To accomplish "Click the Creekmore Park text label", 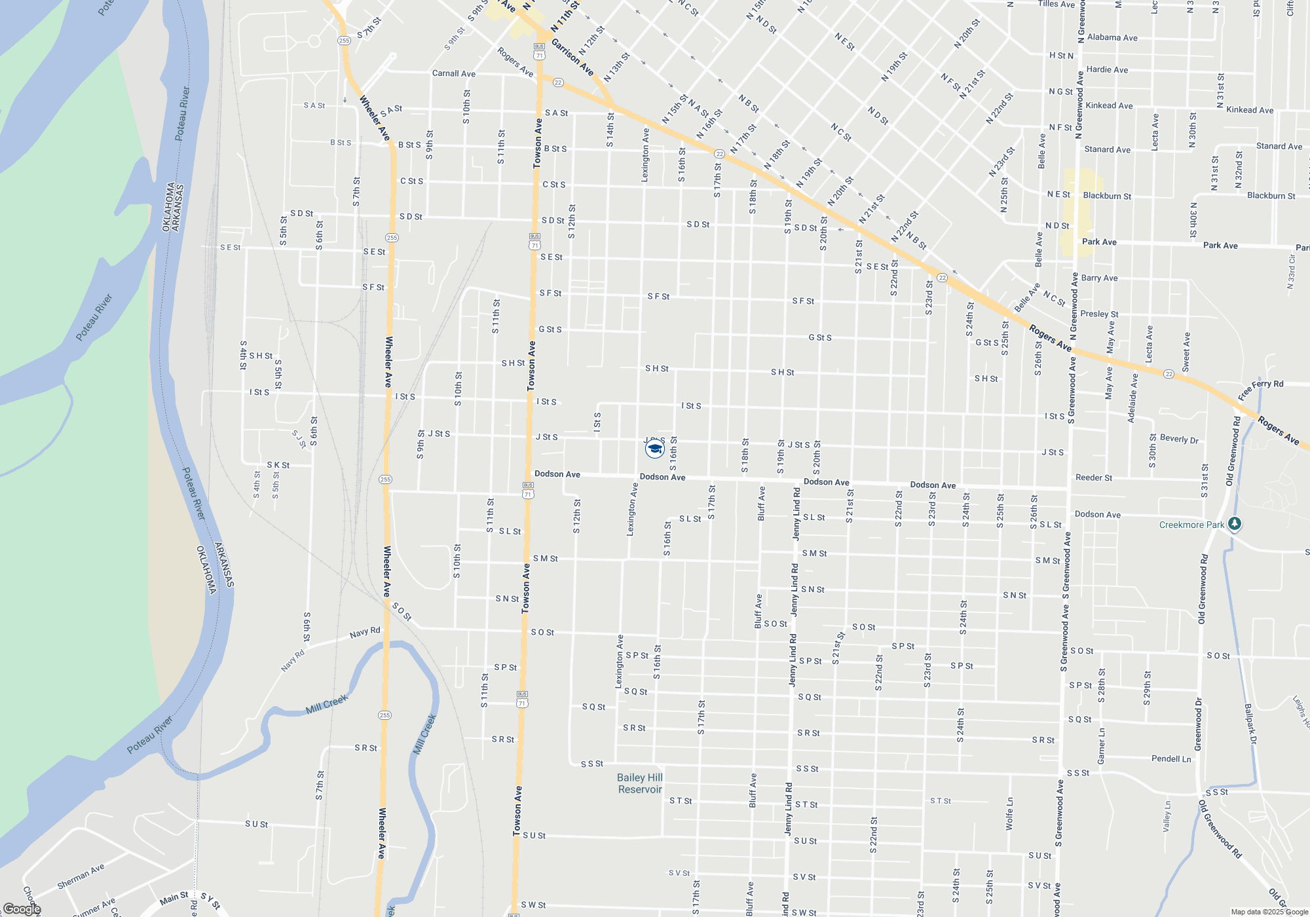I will click(1191, 525).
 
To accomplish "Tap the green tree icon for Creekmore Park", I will click(1235, 524).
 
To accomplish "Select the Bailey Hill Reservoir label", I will click(640, 783).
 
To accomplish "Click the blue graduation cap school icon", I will click(654, 449).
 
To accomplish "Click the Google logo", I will click(22, 909).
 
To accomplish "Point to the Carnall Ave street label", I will click(454, 73).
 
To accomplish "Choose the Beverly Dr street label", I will click(1179, 439).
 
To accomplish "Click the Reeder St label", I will click(1093, 477).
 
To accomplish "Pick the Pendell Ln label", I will click(1171, 758).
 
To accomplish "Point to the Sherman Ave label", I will click(81, 876).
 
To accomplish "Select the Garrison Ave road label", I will click(572, 57).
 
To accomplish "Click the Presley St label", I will click(1099, 314).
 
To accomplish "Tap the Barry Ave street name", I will click(1099, 278).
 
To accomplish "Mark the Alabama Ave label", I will click(1112, 37).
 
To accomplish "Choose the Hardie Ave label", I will click(1107, 69).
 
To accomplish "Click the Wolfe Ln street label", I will click(1009, 814).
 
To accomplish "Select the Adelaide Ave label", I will click(1132, 398).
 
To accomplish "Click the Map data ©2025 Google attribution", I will click(1269, 912).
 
